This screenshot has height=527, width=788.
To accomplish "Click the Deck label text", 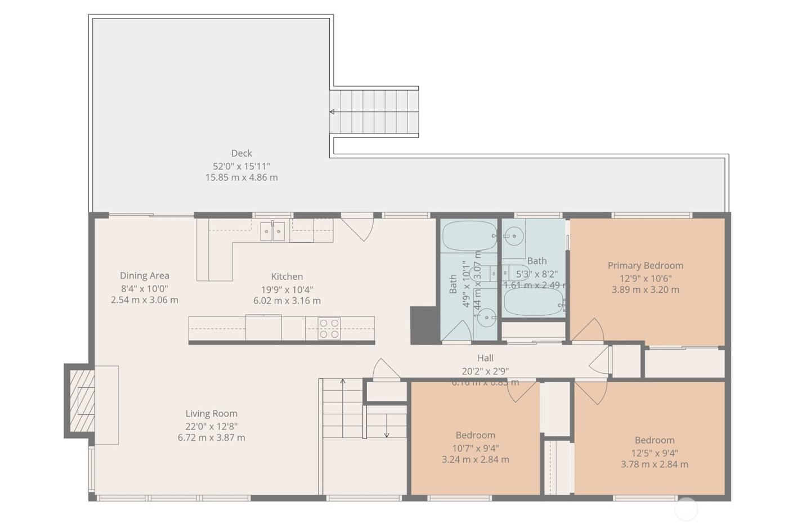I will click(241, 153).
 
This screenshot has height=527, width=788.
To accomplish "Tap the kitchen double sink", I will click(272, 231).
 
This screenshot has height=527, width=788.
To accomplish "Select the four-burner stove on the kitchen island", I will click(329, 328).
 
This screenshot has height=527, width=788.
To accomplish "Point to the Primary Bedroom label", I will click(645, 265).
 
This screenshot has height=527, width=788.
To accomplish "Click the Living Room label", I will click(211, 413).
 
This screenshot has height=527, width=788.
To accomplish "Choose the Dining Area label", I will click(144, 275).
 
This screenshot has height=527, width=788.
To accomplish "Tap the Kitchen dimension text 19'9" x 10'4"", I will click(286, 289).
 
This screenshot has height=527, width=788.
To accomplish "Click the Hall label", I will click(485, 358).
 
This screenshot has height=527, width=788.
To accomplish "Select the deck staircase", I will click(375, 111).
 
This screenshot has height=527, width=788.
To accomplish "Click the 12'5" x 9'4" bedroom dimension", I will click(654, 453).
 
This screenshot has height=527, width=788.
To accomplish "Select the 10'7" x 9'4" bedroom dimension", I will click(475, 448).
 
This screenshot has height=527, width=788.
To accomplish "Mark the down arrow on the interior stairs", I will click(387, 434).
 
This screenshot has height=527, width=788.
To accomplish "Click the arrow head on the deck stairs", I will click(332, 112).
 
